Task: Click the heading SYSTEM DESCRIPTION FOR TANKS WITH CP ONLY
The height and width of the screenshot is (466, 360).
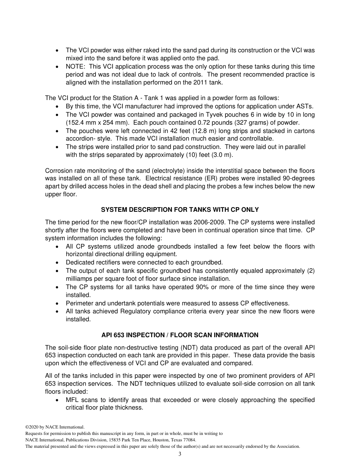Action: (x=180, y=210)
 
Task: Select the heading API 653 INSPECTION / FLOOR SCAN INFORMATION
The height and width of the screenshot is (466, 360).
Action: (x=180, y=335)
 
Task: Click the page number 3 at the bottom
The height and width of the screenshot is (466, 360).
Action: (x=180, y=454)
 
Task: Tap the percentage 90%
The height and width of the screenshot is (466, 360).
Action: (x=202, y=287)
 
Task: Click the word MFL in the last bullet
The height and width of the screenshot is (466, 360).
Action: (x=72, y=400)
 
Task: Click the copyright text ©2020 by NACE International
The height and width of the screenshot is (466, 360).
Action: (x=55, y=427)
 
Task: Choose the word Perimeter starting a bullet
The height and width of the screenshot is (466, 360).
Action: (x=80, y=303)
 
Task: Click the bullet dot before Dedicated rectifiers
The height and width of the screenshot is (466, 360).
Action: (x=57, y=263)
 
